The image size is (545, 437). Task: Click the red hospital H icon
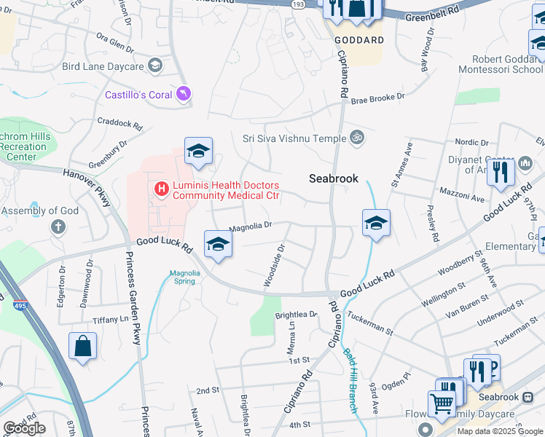point(161,190)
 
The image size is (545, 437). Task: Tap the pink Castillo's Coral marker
point(184,94)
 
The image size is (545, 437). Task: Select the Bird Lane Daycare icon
point(154,66)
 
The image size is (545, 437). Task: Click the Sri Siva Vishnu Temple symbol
point(356,136)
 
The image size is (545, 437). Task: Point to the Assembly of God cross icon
point(58,227)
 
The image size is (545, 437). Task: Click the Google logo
point(24,428)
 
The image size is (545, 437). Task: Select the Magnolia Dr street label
point(250,227)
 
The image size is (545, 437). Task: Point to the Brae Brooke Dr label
point(377,98)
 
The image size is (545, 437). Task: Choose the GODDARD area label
point(358,40)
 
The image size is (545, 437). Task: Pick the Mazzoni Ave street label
point(462,194)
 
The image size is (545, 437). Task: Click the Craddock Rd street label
point(119,125)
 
